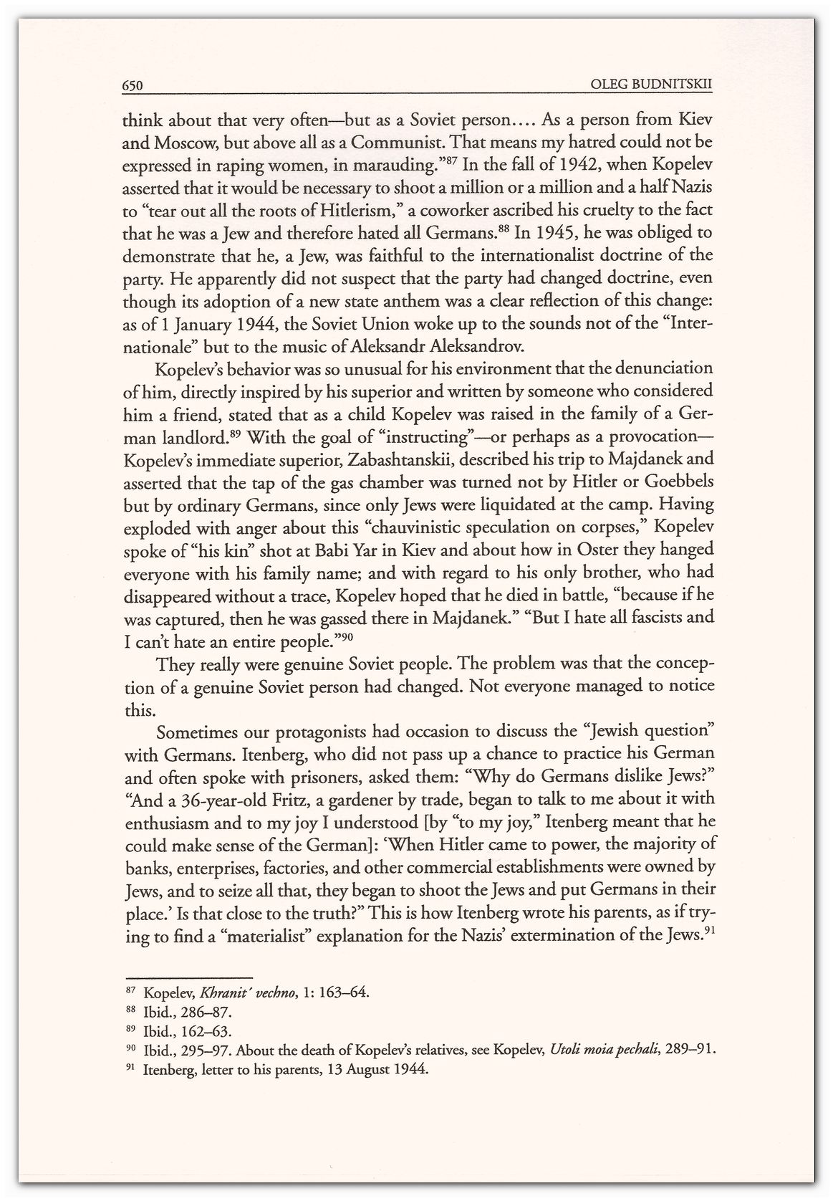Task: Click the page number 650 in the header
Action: pos(134,86)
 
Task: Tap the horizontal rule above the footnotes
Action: pos(189,977)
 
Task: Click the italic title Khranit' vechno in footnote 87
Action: pos(244,993)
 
